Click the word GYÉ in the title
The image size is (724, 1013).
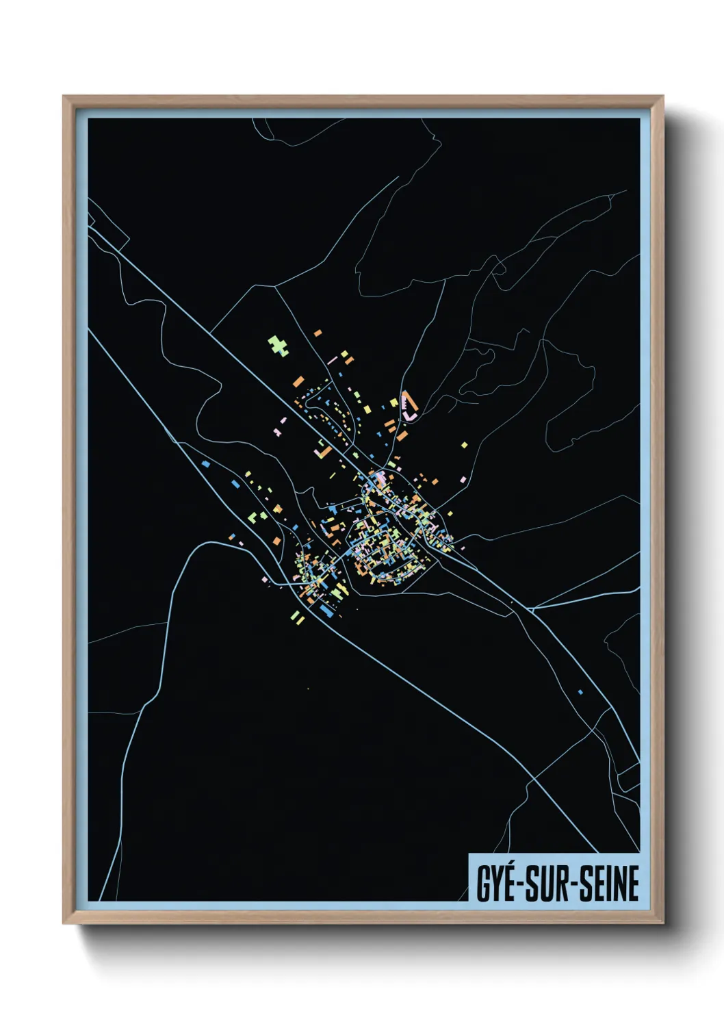pos(496,883)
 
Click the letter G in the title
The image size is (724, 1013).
pos(483,883)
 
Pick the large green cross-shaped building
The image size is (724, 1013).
pos(278,345)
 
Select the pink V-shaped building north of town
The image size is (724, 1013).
pos(409,406)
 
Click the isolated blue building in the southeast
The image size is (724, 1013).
pos(580,692)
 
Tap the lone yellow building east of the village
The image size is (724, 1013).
pos(464,445)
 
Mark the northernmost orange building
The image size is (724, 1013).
pos(318,333)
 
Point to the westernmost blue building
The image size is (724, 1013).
pos(205,463)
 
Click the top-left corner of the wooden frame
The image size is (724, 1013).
pos(64,97)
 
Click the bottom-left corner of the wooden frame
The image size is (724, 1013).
pos(64,923)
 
